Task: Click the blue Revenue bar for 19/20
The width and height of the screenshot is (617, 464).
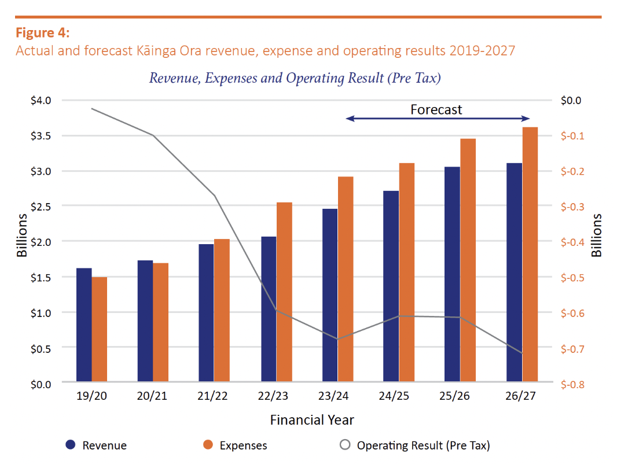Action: coord(84,325)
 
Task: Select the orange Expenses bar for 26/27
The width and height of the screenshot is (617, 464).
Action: coord(530,254)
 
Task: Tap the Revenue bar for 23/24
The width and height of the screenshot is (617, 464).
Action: coord(330,295)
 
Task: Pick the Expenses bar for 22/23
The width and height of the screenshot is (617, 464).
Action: coord(284,292)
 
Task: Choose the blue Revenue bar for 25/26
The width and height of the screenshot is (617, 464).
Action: coord(452,274)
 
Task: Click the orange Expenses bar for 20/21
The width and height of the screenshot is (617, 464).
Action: coord(161,322)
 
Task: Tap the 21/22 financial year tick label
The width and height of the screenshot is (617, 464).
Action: coord(214,397)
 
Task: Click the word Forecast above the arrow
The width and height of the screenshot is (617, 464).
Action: coord(436,109)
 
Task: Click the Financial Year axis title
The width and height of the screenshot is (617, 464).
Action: coord(312,419)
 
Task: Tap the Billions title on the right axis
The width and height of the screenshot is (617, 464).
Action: coord(597,235)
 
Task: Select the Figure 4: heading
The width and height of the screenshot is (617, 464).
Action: coord(43,32)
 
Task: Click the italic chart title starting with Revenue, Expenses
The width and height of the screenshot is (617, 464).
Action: coord(295,78)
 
